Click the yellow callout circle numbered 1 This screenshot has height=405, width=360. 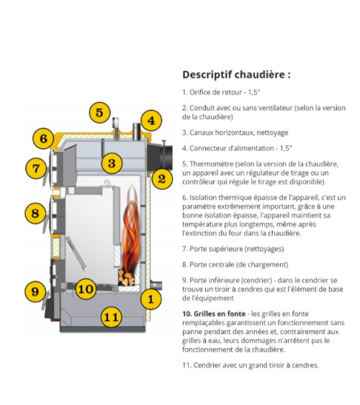coord(150,298)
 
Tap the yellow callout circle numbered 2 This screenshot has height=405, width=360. coord(161,178)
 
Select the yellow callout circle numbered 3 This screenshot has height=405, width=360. coord(110,163)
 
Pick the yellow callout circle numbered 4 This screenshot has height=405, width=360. coord(150,120)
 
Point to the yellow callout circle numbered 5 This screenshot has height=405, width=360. coord(99,112)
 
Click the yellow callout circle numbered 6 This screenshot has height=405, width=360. coord(42,138)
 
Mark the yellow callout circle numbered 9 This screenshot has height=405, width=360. coord(33,291)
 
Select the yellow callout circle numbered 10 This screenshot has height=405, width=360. coord(86,288)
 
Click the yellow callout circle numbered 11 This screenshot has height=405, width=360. coord(109,316)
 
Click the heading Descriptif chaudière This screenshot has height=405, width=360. coord(236,74)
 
